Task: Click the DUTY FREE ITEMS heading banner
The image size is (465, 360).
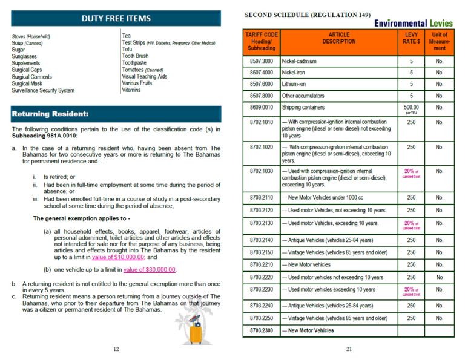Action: [x=116, y=18]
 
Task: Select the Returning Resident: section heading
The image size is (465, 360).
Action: [x=51, y=114]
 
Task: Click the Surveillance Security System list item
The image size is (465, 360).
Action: [x=43, y=91]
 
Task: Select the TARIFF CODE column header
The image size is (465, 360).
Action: [x=262, y=42]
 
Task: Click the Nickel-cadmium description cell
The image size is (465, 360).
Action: [x=299, y=61]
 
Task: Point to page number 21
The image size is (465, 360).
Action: [x=349, y=349]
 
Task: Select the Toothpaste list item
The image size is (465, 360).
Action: [x=135, y=63]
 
